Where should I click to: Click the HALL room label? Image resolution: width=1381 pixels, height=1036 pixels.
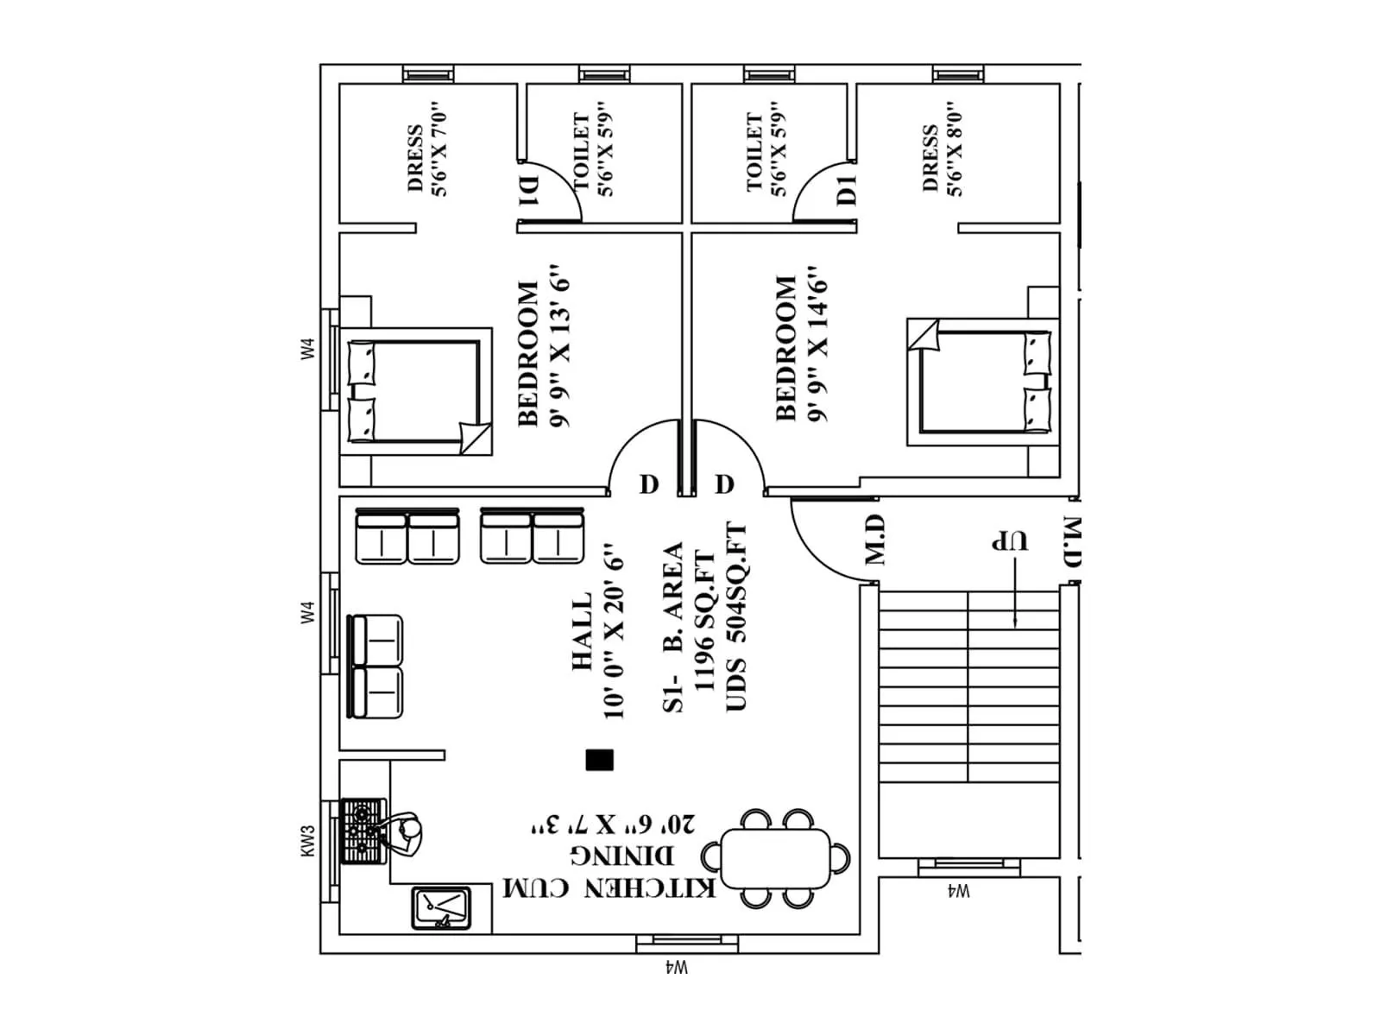(582, 631)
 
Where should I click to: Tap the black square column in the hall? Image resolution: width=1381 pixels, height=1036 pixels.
(599, 760)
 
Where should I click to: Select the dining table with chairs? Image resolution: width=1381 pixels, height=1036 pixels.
(776, 859)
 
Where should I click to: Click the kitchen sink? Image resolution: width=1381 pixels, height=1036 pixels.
(442, 908)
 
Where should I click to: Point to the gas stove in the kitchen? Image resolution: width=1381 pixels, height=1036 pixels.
(362, 831)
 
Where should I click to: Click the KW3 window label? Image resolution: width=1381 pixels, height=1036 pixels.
(308, 841)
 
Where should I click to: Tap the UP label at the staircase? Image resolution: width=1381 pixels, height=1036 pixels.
(1009, 541)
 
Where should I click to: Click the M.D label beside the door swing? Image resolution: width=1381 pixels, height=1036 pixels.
(875, 540)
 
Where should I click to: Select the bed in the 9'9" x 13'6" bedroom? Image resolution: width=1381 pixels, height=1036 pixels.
(414, 391)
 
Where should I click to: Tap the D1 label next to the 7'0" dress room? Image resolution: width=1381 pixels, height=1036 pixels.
(528, 191)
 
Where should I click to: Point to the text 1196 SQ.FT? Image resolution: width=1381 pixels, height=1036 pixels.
(703, 621)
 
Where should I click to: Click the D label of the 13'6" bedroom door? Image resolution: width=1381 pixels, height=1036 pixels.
(649, 484)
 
